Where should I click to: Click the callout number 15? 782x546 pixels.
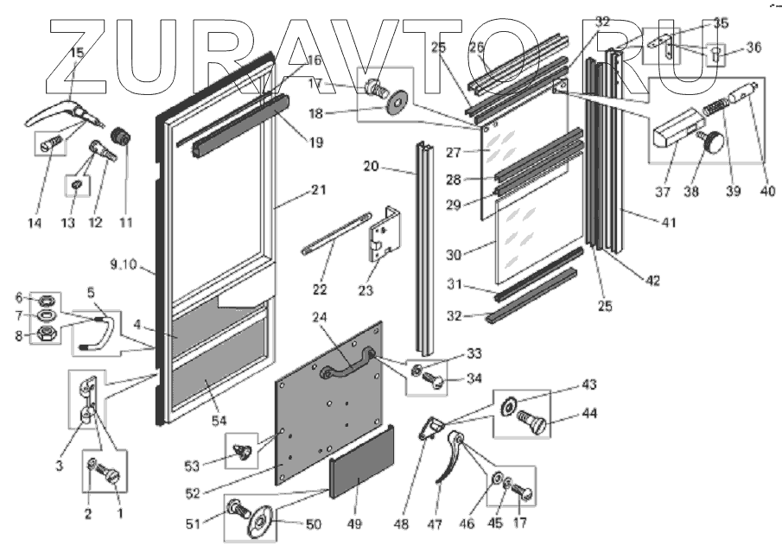coord(76,54)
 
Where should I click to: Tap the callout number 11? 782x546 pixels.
coord(126,222)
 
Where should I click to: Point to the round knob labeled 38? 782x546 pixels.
coord(714,142)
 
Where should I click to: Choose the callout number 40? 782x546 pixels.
coord(760,193)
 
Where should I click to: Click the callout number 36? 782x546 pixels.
coord(753,48)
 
